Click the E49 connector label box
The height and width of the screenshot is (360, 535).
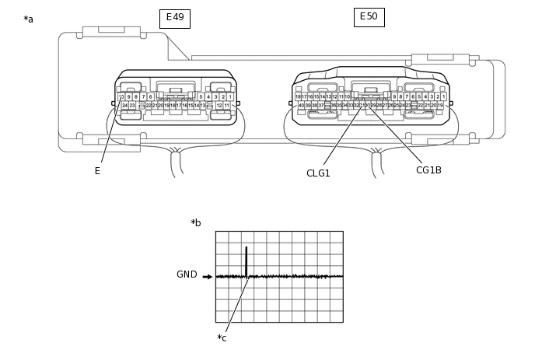tap(175, 18)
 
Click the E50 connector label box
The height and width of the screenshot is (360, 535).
tap(369, 17)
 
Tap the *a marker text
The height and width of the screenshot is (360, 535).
tap(29, 19)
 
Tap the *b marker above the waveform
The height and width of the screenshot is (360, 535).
tap(196, 223)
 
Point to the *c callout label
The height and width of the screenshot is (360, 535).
tap(222, 338)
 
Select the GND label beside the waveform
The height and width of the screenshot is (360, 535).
tap(187, 275)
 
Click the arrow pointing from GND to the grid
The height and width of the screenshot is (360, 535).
tap(207, 276)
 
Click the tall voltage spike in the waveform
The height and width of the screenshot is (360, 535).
tap(246, 261)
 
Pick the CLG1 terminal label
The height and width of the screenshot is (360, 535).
tap(318, 173)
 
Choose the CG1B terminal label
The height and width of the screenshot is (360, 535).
tap(428, 170)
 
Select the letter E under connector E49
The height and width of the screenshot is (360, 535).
tap(97, 171)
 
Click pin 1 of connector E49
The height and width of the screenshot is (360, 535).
tap(230, 97)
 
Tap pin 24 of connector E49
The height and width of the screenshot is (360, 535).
tap(124, 106)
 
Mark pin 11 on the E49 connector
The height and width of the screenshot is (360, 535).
tap(227, 106)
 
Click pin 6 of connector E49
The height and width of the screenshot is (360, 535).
tap(150, 97)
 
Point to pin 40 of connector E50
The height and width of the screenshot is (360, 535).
tap(301, 106)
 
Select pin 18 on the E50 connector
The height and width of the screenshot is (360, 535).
tap(298, 97)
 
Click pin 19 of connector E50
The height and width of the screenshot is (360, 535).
tap(440, 106)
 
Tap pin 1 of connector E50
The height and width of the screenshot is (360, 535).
tap(443, 97)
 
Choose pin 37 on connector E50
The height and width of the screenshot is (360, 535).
tap(320, 106)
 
